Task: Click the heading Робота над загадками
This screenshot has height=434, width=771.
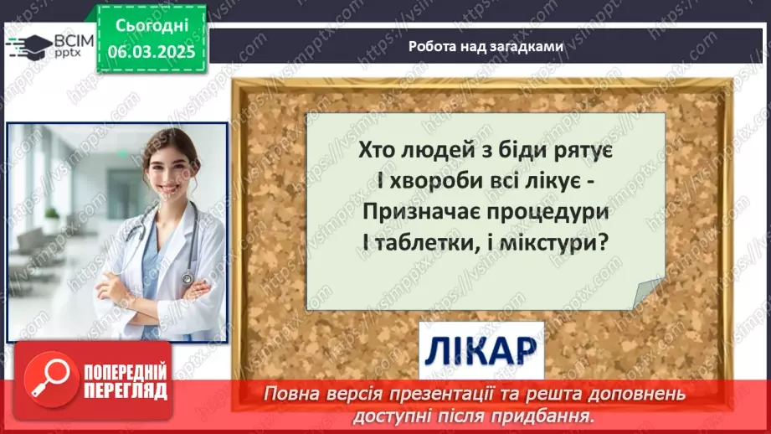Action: pyautogui.click(x=486, y=47)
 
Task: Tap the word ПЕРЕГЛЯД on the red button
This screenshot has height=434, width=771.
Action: pyautogui.click(x=125, y=390)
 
